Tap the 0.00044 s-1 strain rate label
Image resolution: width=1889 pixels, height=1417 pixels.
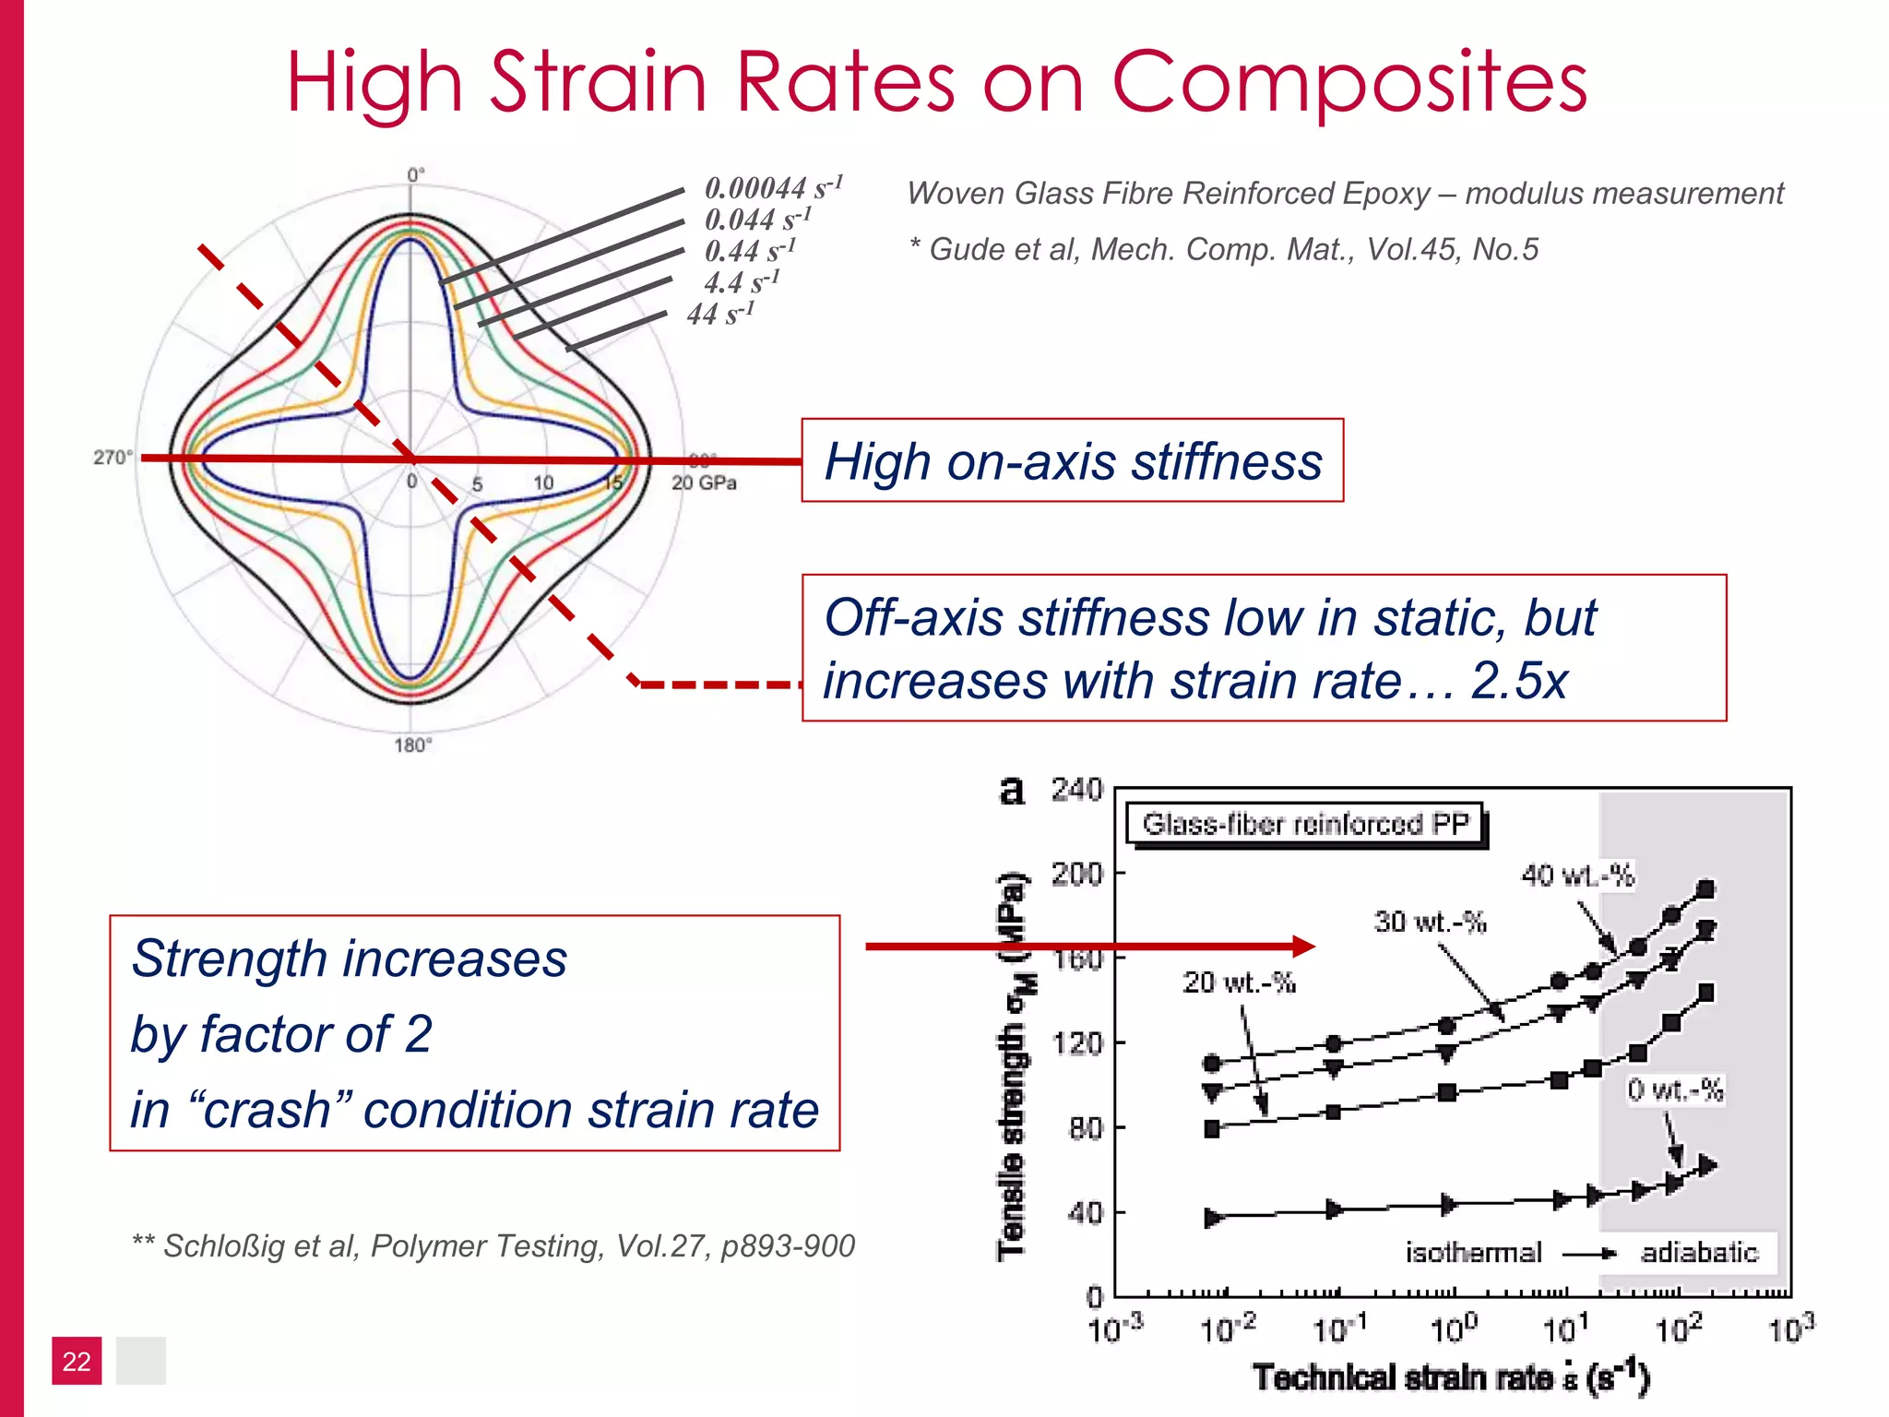[x=773, y=188]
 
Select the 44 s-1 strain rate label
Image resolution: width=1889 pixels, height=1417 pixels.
[x=720, y=315]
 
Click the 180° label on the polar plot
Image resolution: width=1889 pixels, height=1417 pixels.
[x=412, y=745]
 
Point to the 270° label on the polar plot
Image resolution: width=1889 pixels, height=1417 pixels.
[x=113, y=458]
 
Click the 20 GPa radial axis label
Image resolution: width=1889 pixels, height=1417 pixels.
[x=704, y=482]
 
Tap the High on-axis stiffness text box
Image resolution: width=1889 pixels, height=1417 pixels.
[x=1072, y=461]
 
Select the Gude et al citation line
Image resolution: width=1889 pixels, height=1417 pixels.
[x=1223, y=249]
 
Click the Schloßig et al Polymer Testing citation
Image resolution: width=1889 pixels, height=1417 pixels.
[x=493, y=1246]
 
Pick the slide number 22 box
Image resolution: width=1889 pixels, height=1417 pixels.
[x=77, y=1361]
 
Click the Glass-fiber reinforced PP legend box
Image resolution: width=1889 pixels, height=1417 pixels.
[x=1304, y=823]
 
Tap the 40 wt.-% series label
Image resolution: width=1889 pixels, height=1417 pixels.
[x=1577, y=875]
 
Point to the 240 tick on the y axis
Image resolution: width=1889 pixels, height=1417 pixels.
[x=1076, y=790]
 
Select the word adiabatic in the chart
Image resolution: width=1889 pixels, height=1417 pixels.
[x=1699, y=1252]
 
